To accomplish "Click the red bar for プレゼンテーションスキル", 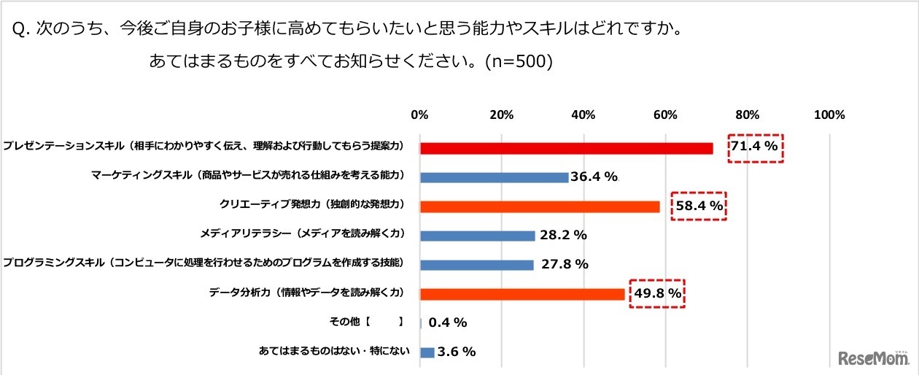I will point(566,148).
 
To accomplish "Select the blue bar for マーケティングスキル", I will point(494,177).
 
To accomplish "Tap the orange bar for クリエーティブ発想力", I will point(540,206).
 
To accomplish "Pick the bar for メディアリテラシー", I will point(478,236).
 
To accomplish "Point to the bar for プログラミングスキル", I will point(477,265).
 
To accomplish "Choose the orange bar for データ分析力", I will point(522,294).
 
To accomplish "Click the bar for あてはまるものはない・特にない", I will point(427,352).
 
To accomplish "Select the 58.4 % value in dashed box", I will point(699,207).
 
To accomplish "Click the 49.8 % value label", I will point(657,294).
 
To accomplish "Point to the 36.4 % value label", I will point(595,177).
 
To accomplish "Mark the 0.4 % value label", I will point(448,322).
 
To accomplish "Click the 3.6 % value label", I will point(456,352).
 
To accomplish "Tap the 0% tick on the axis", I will point(419,115).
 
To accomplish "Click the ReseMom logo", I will point(872,358).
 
